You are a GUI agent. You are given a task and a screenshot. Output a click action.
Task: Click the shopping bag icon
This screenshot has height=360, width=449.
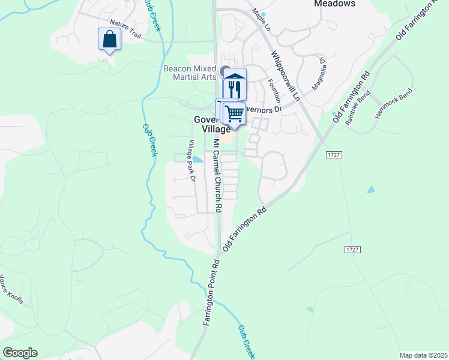coord(109,40)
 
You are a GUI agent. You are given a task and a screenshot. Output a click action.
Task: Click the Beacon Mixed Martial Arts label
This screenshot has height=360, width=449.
coord(190,73)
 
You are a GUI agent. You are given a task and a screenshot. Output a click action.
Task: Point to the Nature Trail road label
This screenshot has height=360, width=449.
coord(125,35)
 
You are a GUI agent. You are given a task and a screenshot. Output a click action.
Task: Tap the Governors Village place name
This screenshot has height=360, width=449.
coord(212,124)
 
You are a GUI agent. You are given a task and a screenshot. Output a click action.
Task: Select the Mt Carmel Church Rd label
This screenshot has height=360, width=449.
coord(218,176)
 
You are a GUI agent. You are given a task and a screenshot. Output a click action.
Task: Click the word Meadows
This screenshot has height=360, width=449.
coord(335,4)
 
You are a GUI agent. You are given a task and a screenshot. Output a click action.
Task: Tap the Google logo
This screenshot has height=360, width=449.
coord(20,353)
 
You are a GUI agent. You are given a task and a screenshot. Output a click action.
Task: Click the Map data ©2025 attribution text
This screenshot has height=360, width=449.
coord(423,355)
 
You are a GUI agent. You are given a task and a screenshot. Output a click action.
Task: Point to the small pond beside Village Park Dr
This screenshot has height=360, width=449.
coord(197,160)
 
